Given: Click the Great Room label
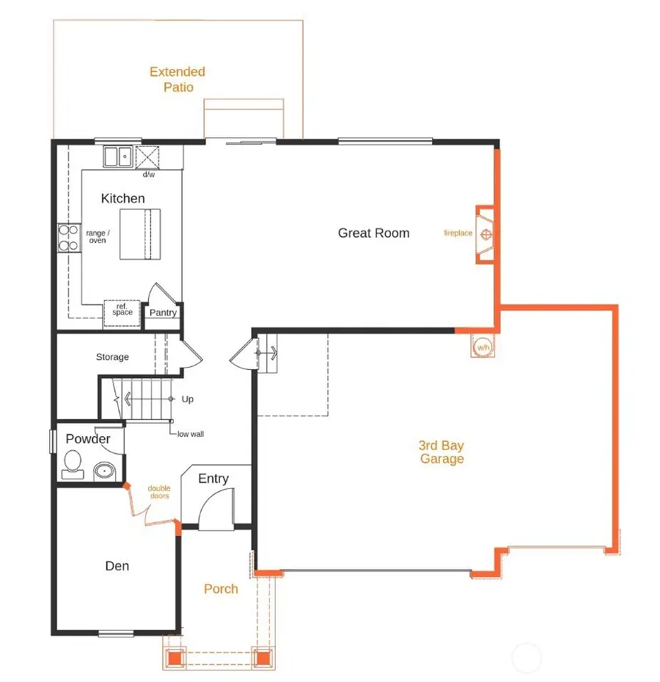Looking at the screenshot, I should pos(373,233).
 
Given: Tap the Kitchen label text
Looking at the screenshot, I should pos(122,198).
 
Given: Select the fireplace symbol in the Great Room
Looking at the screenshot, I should pos(485,234).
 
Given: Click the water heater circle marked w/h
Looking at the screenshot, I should pos(483,347).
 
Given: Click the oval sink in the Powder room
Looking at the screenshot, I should pos(104,471).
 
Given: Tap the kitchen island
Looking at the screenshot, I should pos(140,234).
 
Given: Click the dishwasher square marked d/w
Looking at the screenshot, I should pos(147,158).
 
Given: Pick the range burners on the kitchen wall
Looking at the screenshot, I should pos(68,237).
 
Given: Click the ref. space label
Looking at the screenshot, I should pos(122,311).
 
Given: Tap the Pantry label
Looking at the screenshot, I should pos(163,313).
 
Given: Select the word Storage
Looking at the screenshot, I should pos(112,358).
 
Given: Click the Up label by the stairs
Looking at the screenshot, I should pos(188,399).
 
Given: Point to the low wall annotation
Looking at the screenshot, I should pos(191,434).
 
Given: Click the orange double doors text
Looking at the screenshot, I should pos(158,492).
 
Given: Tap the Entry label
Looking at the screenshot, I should pos(213,479).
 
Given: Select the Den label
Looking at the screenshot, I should pos(117,566).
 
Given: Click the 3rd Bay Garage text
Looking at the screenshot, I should pos(441,452).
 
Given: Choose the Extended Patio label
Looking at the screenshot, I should pos(177,79).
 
